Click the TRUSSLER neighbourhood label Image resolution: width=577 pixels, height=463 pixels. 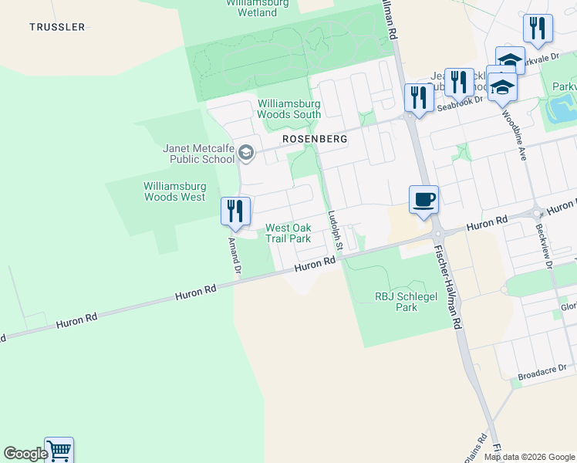coord(57,27)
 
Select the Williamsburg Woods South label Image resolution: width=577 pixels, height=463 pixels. coord(289,109)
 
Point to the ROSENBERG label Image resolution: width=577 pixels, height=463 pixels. coord(315,140)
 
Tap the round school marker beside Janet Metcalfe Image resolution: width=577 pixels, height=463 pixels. coord(246,151)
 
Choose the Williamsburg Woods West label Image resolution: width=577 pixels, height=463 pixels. coord(174,191)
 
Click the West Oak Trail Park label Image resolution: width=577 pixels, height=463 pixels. coord(288,233)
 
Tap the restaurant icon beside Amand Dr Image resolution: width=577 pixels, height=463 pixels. coord(236,211)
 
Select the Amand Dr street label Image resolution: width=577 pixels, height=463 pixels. coord(235,255)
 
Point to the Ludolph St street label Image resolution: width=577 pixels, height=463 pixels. coord(334,229)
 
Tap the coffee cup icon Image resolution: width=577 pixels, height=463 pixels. coord(423,200)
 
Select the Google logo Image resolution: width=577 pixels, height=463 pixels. coord(25,454)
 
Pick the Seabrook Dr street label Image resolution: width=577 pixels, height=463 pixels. coord(459,104)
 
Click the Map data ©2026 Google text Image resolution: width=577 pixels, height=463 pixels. coord(528,457)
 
